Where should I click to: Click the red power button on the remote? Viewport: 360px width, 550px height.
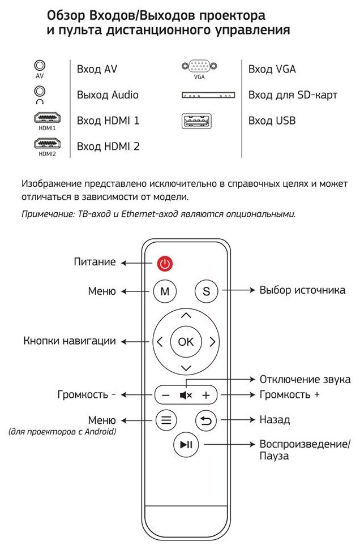pyautogui.click(x=164, y=263)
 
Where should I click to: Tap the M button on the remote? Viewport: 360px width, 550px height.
pyautogui.click(x=165, y=291)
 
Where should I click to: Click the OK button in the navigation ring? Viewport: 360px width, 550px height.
pyautogui.click(x=186, y=341)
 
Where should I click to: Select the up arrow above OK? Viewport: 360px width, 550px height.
pyautogui.click(x=186, y=316)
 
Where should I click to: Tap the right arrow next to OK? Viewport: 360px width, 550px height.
pyautogui.click(x=212, y=341)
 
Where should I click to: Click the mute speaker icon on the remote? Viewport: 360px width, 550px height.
pyautogui.click(x=186, y=395)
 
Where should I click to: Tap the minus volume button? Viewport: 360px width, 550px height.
pyautogui.click(x=165, y=395)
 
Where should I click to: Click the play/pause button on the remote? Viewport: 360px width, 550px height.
pyautogui.click(x=186, y=445)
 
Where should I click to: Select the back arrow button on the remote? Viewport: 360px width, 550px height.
pyautogui.click(x=206, y=420)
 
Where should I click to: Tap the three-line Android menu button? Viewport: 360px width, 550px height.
pyautogui.click(x=165, y=420)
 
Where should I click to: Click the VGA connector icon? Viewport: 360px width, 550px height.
pyautogui.click(x=200, y=67)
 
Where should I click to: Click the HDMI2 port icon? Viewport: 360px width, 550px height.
pyautogui.click(x=47, y=144)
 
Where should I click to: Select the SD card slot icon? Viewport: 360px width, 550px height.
pyautogui.click(x=208, y=95)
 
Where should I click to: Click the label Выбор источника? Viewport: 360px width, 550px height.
pyautogui.click(x=302, y=290)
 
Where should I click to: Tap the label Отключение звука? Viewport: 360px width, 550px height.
pyautogui.click(x=305, y=379)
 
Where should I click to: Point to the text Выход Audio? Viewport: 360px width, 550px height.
pyautogui.click(x=108, y=95)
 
